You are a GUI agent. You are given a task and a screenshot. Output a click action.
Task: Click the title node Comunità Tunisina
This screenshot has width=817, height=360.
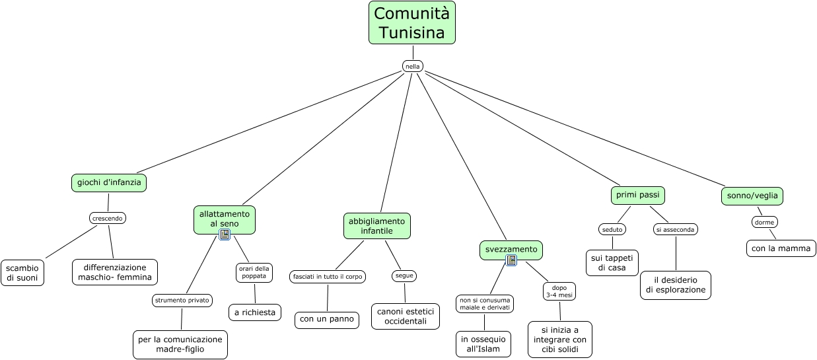[x=411, y=22]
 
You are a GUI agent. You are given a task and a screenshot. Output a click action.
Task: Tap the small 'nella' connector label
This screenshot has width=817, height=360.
[x=412, y=66]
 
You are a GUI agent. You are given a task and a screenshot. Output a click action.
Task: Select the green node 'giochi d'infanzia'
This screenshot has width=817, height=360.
[x=109, y=183]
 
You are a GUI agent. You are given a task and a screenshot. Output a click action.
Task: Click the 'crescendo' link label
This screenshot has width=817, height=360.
[x=108, y=218]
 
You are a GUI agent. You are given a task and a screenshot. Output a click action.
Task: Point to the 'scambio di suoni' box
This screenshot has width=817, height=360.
[x=22, y=273]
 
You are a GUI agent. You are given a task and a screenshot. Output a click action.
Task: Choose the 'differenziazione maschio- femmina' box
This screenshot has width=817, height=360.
[x=115, y=272]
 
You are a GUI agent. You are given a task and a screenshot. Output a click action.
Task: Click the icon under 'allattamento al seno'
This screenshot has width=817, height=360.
[x=225, y=234]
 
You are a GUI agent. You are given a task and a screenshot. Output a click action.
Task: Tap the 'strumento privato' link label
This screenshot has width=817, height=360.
[x=182, y=301]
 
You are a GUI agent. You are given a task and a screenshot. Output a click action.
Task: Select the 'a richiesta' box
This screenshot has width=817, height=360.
[x=255, y=312]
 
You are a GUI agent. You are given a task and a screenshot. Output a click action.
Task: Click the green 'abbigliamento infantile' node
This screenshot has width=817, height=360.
[x=377, y=226]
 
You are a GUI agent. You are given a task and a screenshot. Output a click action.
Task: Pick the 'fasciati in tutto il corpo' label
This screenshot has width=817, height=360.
[x=328, y=277]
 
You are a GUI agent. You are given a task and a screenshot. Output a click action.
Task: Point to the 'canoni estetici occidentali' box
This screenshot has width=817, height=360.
[x=406, y=316]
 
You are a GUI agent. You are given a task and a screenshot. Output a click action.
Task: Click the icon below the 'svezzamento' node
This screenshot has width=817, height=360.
[x=511, y=260]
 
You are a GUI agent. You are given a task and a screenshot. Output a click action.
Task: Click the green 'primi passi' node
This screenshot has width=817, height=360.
[x=637, y=196]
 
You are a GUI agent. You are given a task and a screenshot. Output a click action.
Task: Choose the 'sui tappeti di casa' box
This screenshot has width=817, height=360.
[x=612, y=263]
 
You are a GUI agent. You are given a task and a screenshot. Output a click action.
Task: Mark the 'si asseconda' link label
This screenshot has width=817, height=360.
[x=676, y=230]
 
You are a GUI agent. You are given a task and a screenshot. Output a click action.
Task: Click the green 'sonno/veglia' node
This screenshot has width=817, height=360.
[x=752, y=196]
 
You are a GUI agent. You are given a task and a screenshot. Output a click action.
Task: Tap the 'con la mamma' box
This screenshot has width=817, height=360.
[x=781, y=248]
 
